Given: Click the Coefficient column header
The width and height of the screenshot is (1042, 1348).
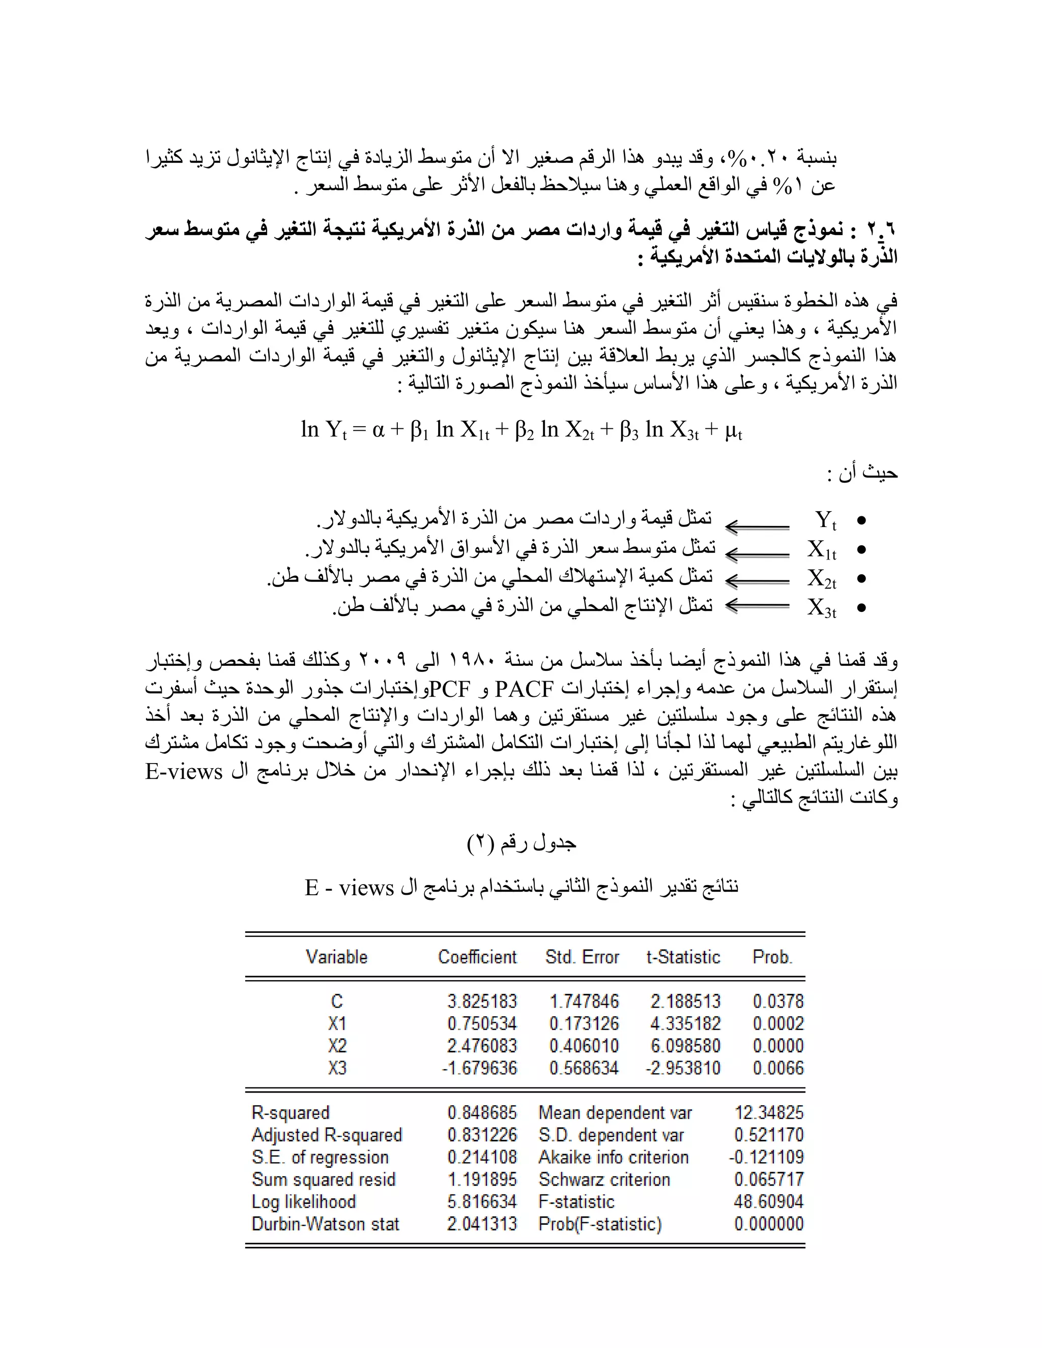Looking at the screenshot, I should [x=477, y=957].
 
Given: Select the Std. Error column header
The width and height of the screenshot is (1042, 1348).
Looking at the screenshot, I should [x=582, y=957].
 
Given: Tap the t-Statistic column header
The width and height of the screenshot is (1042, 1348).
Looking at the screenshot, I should [x=683, y=957].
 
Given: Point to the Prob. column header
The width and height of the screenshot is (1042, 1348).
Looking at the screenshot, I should [x=772, y=957].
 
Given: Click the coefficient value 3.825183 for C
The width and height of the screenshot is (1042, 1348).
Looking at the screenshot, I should [x=482, y=1001].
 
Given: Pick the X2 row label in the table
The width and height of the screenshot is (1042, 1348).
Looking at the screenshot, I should [x=337, y=1045].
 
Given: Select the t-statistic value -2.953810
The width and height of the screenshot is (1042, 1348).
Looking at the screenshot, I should [x=683, y=1068].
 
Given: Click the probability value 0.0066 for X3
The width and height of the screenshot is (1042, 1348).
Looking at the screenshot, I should [x=778, y=1068].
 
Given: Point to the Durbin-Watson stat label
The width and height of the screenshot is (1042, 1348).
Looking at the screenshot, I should [x=325, y=1223].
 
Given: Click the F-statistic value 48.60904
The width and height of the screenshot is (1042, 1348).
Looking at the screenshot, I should [x=769, y=1201].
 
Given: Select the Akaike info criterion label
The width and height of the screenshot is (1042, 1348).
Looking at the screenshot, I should [x=613, y=1157].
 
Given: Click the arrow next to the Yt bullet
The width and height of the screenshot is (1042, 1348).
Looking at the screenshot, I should [x=757, y=526].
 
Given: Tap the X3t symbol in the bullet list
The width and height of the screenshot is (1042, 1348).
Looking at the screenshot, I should [x=822, y=608].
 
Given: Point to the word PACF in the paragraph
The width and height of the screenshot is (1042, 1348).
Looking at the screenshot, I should [x=525, y=688].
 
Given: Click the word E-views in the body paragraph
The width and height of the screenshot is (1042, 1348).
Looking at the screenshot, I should [x=184, y=772].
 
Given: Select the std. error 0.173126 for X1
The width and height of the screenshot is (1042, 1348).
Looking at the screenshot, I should [x=584, y=1023].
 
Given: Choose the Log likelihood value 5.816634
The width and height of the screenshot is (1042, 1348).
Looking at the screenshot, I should [x=482, y=1201].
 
